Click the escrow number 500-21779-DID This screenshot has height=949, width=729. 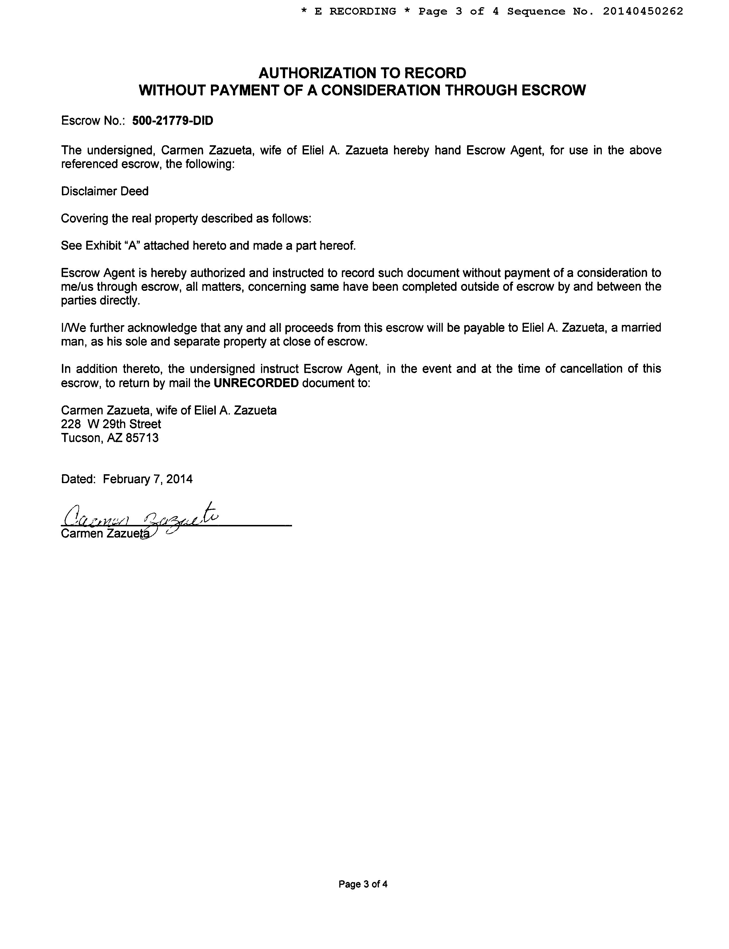(x=173, y=121)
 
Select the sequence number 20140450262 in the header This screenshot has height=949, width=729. (x=643, y=11)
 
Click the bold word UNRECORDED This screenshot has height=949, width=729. (x=256, y=383)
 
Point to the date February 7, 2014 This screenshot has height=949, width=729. (x=148, y=479)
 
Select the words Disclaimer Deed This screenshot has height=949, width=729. (x=105, y=191)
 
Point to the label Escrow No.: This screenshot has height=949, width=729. (x=93, y=121)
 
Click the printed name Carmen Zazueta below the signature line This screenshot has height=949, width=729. (x=104, y=533)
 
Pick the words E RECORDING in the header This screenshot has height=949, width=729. (x=355, y=11)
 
